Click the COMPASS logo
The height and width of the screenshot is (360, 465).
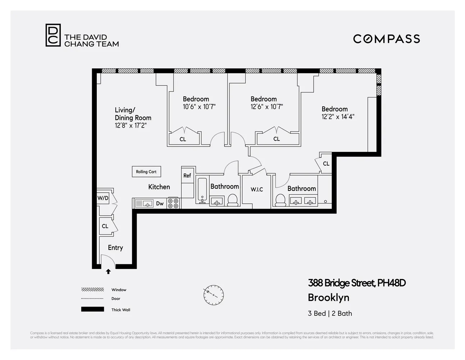point(386,39)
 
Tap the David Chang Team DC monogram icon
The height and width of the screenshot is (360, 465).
point(53,35)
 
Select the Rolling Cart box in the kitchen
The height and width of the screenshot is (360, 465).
point(146,172)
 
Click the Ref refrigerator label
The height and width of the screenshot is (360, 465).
point(187,175)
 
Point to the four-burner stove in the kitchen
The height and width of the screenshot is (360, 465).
point(173,203)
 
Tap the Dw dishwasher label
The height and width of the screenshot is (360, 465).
point(160,203)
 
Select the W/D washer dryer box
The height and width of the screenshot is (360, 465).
point(103,198)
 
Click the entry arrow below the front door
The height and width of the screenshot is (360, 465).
point(108,272)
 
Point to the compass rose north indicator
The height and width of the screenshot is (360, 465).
point(213,295)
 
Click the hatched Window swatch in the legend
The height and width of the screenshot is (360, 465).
point(92,289)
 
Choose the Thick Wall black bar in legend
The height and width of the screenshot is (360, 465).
point(92,309)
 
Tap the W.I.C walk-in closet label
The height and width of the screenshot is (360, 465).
point(257,189)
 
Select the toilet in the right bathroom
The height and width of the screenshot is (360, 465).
point(280,200)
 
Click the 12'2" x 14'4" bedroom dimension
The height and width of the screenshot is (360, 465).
point(338,117)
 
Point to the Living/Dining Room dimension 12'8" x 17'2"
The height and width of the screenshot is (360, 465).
point(131,125)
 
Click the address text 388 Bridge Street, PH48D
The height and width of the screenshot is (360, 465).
point(357,283)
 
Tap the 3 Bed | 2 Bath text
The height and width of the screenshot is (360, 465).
point(330,313)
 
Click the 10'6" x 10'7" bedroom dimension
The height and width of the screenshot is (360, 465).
point(199,107)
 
